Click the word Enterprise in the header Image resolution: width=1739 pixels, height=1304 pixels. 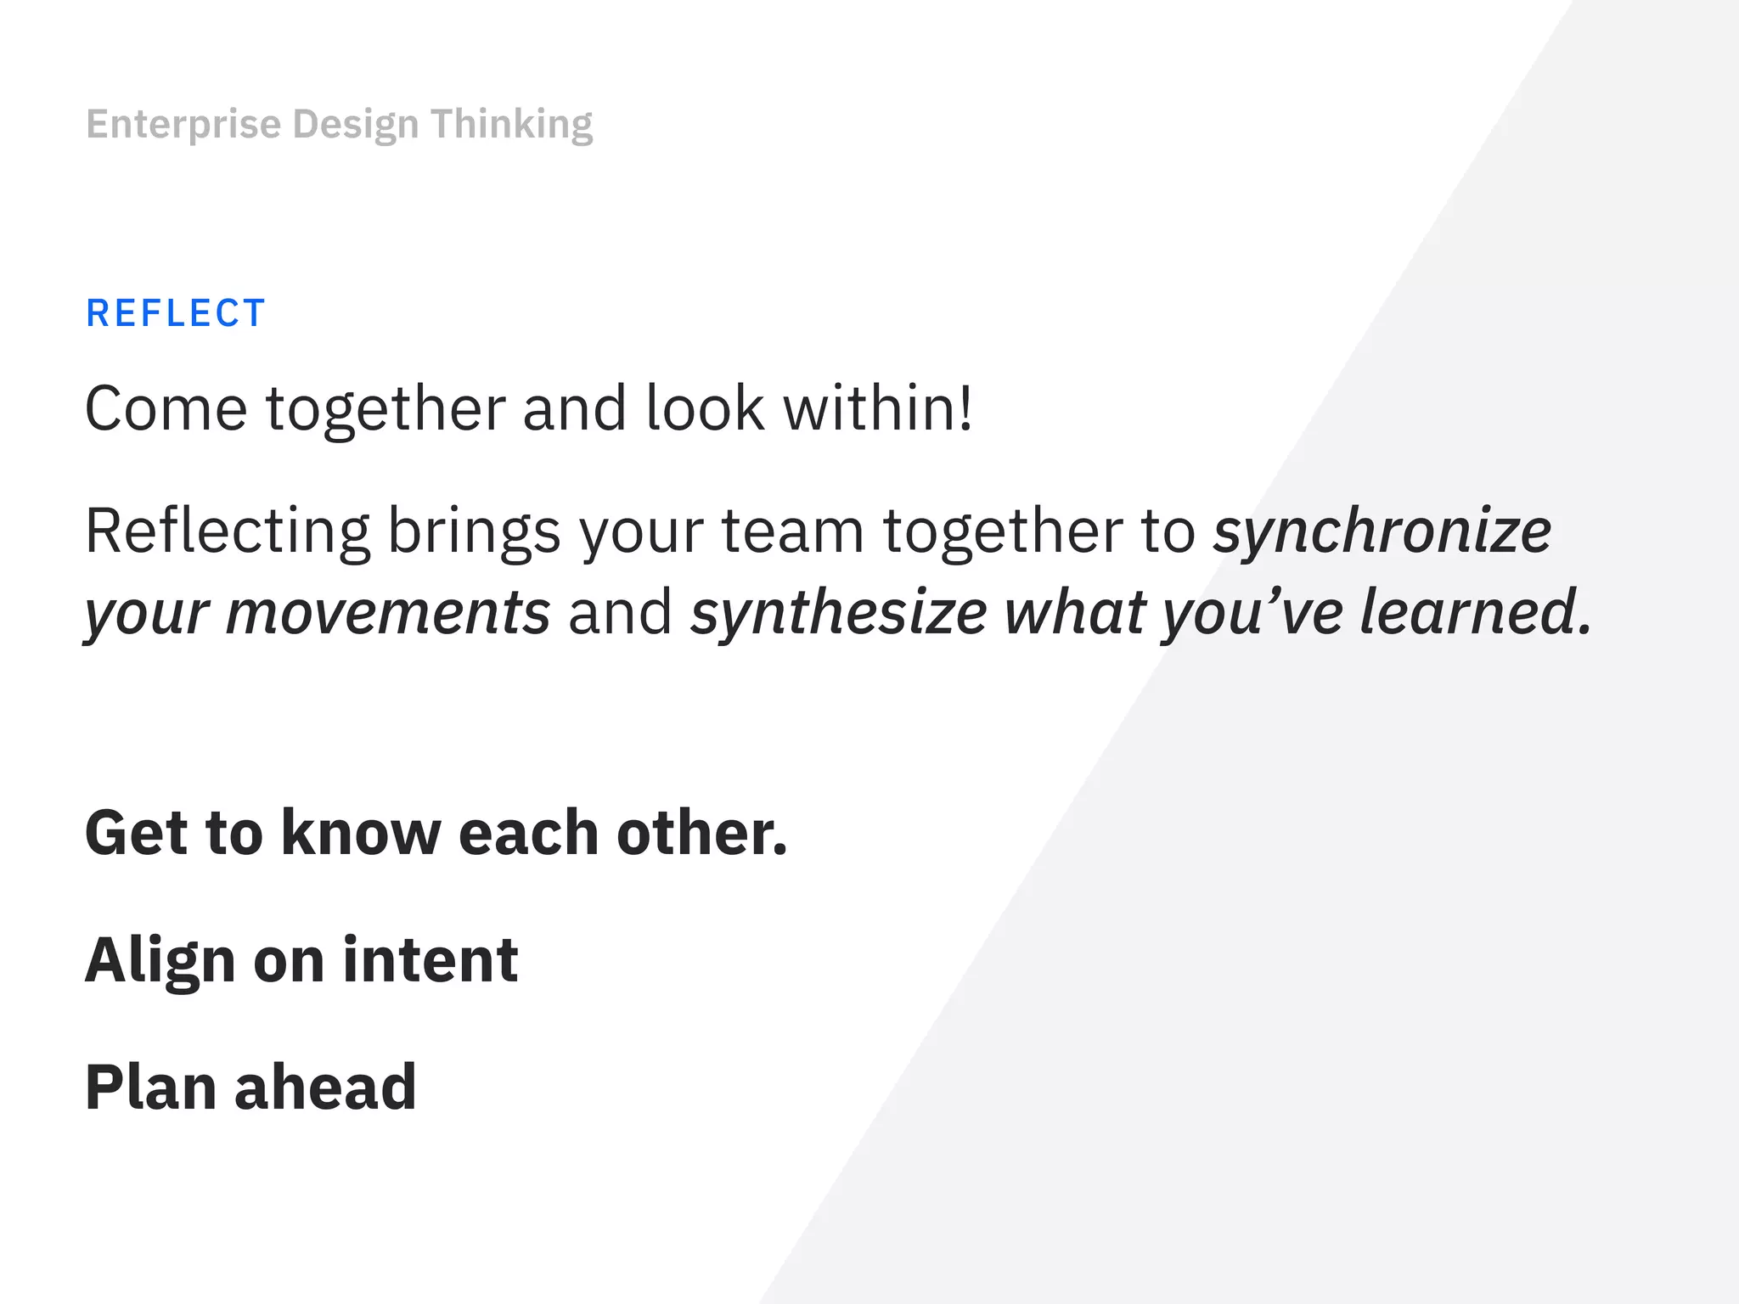click(183, 125)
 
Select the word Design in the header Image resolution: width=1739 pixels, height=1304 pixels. click(356, 125)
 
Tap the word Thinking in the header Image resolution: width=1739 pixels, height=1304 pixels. click(511, 125)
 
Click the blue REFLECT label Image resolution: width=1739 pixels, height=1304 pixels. click(176, 313)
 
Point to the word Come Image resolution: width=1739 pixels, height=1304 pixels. click(166, 409)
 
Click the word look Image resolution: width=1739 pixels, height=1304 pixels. click(705, 409)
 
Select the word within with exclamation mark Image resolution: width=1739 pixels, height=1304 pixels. click(877, 409)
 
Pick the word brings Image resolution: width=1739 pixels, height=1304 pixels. click(474, 532)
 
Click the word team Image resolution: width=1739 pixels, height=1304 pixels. click(792, 532)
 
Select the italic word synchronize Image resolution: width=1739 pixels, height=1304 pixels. click(1382, 532)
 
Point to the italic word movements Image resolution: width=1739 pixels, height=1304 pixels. click(388, 613)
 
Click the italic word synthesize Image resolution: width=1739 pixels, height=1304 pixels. click(838, 613)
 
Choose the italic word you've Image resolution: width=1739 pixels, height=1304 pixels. click(1252, 613)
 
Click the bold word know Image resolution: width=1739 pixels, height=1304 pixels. click(361, 833)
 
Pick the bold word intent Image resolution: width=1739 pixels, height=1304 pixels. click(431, 960)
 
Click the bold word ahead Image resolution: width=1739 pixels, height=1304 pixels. click(325, 1088)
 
